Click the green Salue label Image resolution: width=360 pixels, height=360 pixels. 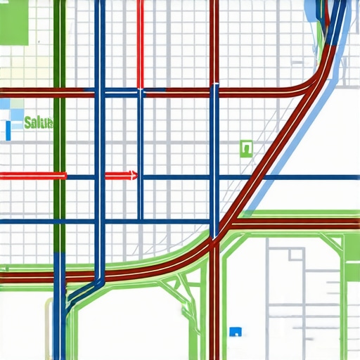pyautogui.click(x=38, y=123)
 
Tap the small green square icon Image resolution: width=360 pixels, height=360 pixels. pyautogui.click(x=245, y=148)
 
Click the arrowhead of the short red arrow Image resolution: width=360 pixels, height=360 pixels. pyautogui.click(x=133, y=175)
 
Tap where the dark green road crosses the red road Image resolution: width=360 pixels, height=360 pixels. pyautogui.click(x=59, y=92)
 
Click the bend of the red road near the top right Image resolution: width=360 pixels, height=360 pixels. pyautogui.click(x=309, y=86)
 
